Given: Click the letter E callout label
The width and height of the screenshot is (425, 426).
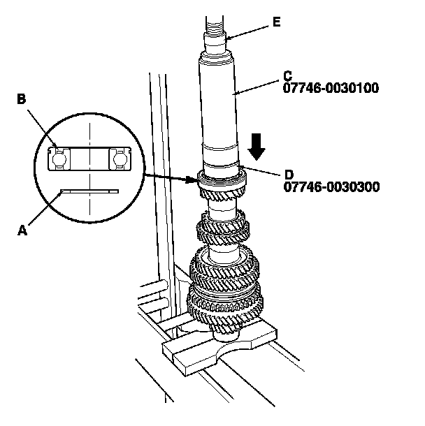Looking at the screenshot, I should tap(277, 22).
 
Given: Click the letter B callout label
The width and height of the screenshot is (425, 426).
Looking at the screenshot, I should tap(22, 100).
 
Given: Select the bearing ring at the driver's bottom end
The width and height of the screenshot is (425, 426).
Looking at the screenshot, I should tap(222, 177).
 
